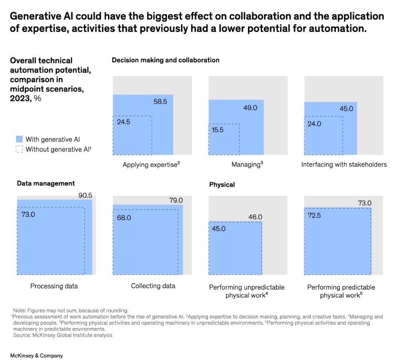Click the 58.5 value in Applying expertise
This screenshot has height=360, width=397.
click(x=161, y=102)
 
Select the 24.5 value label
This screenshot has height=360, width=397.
click(x=124, y=122)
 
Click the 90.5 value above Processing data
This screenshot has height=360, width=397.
click(x=85, y=195)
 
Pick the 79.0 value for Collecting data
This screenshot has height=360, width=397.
click(x=175, y=200)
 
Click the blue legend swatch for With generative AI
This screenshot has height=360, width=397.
click(x=19, y=139)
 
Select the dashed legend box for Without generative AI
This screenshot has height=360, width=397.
click(x=19, y=149)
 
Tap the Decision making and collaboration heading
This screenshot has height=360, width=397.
click(x=166, y=60)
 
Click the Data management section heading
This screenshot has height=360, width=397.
click(x=46, y=183)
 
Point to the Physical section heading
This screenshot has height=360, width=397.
click(x=222, y=185)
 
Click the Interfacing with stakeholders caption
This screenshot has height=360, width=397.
click(x=344, y=164)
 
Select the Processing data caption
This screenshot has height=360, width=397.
click(x=54, y=286)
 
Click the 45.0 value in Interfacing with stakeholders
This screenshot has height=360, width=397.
click(x=346, y=109)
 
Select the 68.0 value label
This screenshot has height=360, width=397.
click(x=124, y=218)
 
